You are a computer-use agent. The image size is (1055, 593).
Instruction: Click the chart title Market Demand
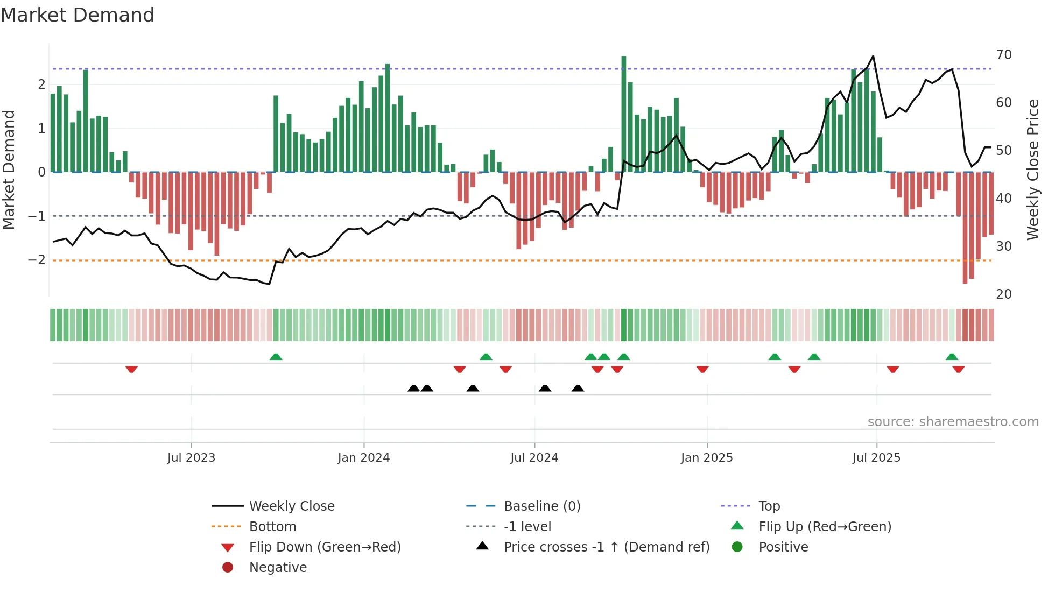click(78, 15)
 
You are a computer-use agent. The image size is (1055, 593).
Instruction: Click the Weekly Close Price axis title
click(1032, 170)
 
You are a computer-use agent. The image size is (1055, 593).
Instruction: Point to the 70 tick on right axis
click(1003, 55)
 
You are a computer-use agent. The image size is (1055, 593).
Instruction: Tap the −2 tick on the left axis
click(37, 260)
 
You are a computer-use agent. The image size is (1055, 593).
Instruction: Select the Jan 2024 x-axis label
click(363, 458)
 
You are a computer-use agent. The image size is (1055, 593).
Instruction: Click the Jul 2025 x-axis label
click(876, 458)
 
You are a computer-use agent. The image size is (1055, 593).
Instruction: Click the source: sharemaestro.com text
click(953, 422)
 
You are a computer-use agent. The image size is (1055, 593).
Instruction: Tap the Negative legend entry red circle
click(228, 568)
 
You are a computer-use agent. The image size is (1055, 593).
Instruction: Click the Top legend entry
click(769, 506)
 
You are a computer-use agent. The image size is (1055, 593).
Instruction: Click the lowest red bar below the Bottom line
click(965, 228)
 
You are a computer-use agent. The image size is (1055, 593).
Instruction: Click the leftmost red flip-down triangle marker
click(131, 369)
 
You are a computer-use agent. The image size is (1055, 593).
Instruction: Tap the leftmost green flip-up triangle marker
click(276, 357)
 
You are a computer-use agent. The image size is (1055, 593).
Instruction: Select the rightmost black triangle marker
click(578, 388)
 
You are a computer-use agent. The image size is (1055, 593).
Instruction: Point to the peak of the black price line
click(873, 56)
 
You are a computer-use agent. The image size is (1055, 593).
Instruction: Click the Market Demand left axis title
click(9, 170)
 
